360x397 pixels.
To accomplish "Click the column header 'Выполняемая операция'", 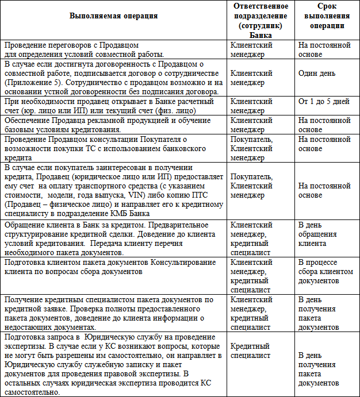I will (113, 16).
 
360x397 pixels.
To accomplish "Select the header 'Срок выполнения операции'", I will (325, 16).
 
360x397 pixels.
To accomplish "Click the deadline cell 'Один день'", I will (316, 74).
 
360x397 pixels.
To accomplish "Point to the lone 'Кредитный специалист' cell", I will (251, 351).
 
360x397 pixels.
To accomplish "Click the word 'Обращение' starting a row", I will (23, 225).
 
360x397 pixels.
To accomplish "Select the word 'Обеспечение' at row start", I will (26, 121).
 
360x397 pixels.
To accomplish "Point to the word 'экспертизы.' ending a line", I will (25, 346).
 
